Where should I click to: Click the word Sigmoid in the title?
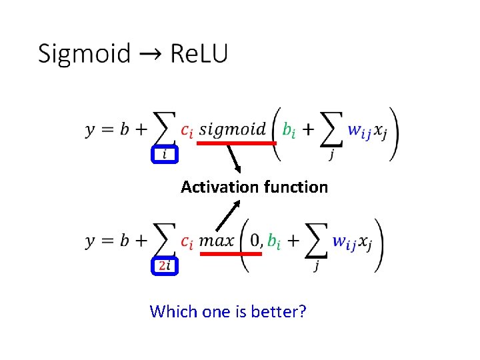[x=83, y=53]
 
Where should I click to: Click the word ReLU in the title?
[x=199, y=53]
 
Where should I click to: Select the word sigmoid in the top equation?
[x=232, y=129]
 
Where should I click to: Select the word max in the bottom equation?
[x=217, y=240]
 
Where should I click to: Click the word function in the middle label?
[x=295, y=187]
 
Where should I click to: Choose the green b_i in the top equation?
[x=289, y=131]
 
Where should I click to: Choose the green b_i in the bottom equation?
[x=274, y=241]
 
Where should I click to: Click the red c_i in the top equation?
[x=187, y=131]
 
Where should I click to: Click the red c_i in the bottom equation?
[x=187, y=241]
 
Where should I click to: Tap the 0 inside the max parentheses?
[x=256, y=240]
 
